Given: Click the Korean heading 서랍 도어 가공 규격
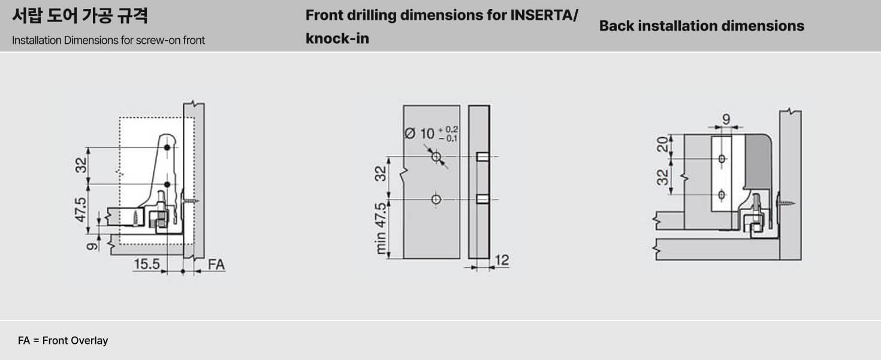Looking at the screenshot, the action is (80, 16).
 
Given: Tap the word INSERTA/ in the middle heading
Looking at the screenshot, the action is (544, 15).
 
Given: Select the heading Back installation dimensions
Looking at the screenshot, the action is (702, 26).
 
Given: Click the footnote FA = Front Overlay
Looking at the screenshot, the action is (63, 340).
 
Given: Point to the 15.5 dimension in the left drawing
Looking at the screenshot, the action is (147, 264).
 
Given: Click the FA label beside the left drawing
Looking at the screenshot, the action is (216, 265).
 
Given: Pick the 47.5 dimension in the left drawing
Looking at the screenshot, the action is (80, 210).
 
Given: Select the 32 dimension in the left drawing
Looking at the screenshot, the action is (81, 165).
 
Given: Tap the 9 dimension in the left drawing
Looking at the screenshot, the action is (92, 246).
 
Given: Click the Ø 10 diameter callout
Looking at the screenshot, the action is (432, 134).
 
